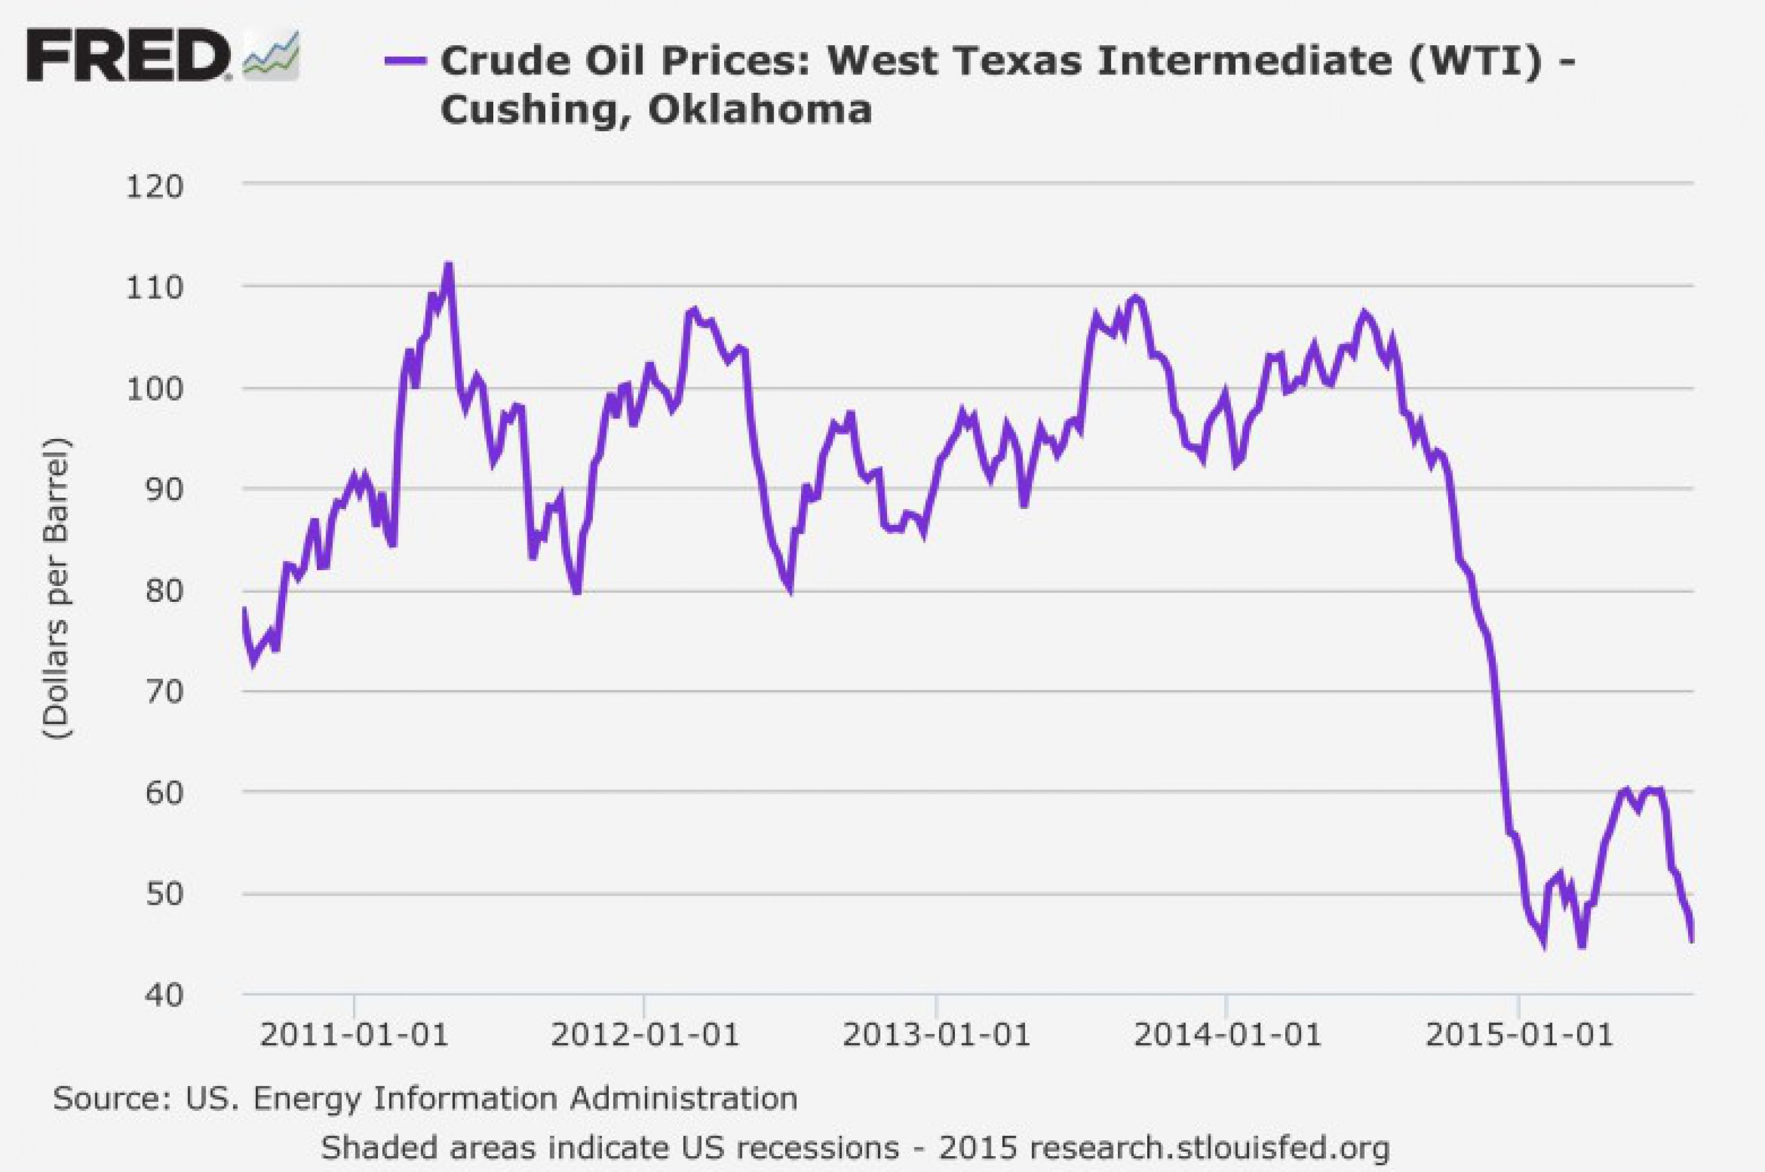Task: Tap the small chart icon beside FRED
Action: click(272, 56)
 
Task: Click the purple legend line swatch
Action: click(405, 60)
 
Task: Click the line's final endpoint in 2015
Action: click(1691, 941)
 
